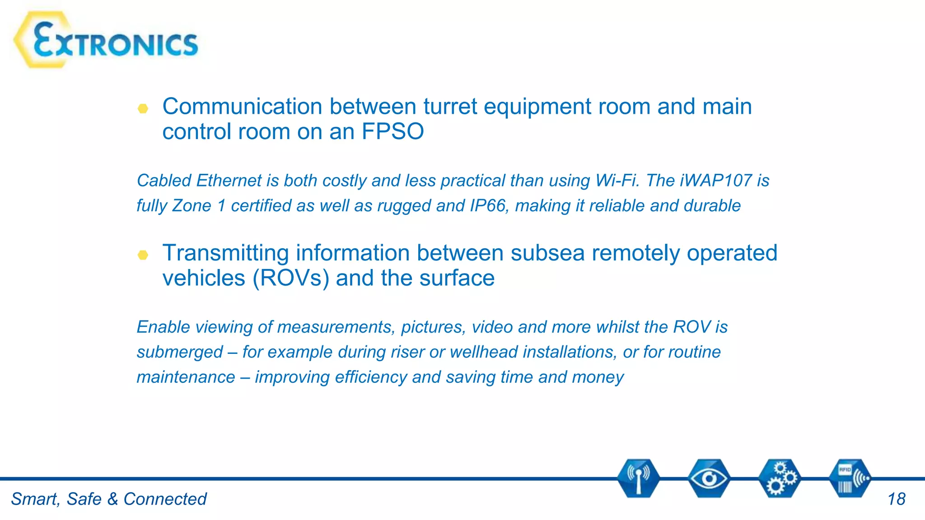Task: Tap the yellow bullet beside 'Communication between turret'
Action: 143,108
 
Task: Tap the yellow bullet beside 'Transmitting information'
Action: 143,255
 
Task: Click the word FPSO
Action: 392,132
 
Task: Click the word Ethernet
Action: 229,181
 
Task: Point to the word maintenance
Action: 186,377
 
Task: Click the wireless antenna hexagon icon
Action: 638,478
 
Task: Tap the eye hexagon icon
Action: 709,478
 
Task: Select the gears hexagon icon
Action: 780,478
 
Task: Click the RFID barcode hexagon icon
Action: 850,478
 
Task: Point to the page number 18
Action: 896,499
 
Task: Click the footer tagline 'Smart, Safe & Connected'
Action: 108,499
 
